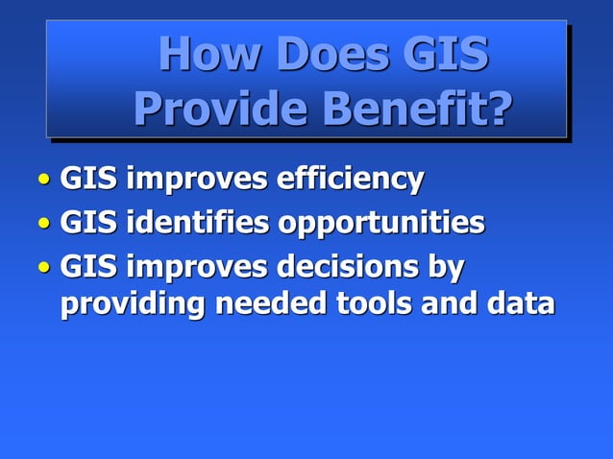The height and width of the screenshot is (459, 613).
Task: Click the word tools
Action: point(373,304)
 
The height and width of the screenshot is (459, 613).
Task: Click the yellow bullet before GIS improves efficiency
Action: point(44,180)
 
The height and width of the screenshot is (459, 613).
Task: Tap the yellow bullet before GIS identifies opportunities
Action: point(44,225)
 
